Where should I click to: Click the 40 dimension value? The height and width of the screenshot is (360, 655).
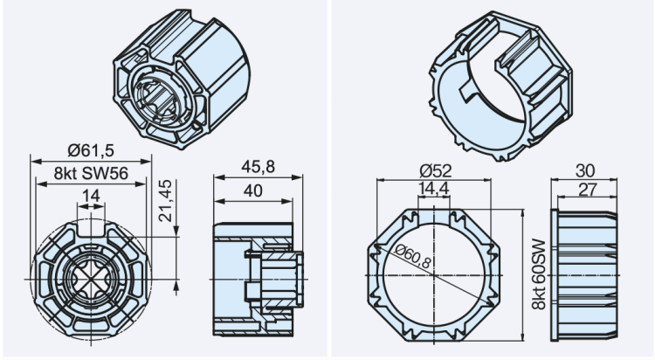coord(253,190)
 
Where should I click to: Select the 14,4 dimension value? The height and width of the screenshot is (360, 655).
coord(433,188)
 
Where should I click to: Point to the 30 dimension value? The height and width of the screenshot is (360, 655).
coord(585,170)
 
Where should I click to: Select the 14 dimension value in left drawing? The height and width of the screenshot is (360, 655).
coord(90,197)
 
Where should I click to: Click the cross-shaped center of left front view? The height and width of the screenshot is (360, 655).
coord(91,277)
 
